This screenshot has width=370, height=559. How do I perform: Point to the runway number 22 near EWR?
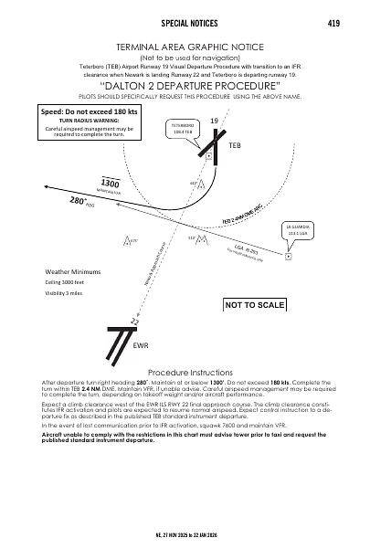tap(134, 322)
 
